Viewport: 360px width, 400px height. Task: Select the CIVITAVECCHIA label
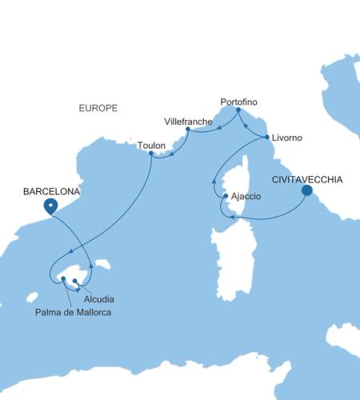click(308, 179)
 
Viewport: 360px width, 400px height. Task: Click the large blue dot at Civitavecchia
click(307, 191)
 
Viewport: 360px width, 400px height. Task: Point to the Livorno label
click(286, 138)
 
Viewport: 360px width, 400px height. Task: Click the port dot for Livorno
click(266, 138)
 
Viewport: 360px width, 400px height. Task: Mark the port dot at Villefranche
click(187, 129)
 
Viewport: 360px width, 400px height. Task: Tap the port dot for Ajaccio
click(226, 196)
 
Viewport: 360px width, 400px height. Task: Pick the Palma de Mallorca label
click(72, 311)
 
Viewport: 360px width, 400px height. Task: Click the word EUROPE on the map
click(99, 106)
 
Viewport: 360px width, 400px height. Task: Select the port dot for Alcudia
click(75, 281)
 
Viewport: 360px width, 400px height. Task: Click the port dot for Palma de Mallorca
click(62, 278)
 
